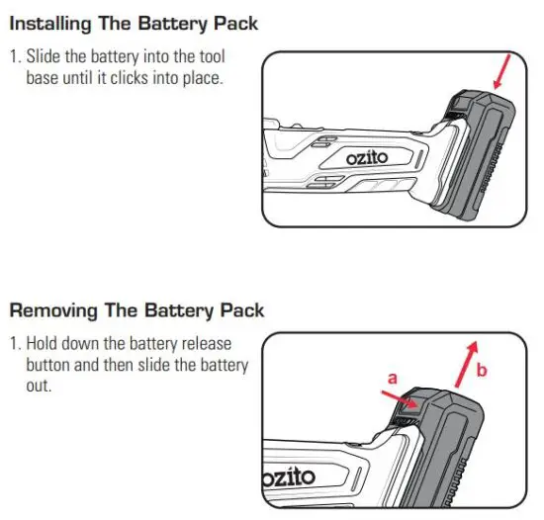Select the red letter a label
(x=391, y=379)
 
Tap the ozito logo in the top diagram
(x=367, y=158)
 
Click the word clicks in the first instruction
(x=144, y=77)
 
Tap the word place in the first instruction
(x=204, y=77)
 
